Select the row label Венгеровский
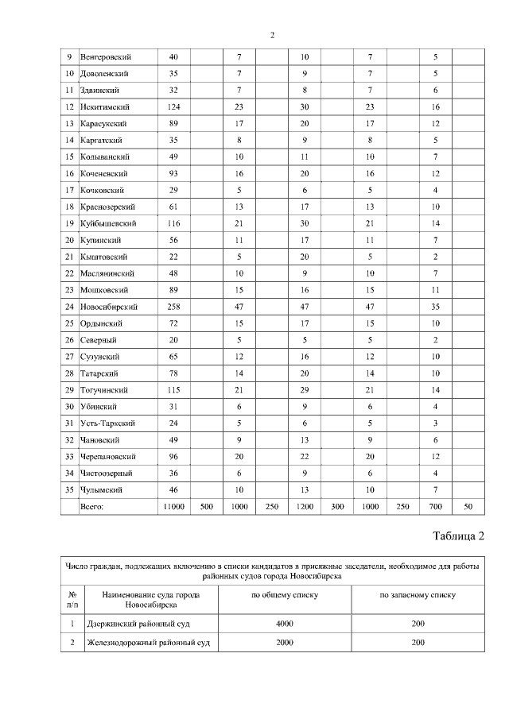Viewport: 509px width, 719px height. tap(106, 57)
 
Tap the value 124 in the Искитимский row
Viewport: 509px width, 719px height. tap(174, 107)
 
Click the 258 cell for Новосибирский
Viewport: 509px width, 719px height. tap(174, 306)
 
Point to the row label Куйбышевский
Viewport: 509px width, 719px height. tap(110, 223)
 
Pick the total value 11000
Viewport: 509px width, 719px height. tap(174, 505)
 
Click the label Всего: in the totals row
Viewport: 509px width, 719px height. tap(93, 505)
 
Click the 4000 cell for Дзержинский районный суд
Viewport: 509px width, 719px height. tap(285, 624)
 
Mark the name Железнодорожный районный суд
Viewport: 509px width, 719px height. tap(146, 641)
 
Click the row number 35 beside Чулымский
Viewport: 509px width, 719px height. tap(69, 489)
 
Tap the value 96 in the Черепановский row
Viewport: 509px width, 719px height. tap(174, 456)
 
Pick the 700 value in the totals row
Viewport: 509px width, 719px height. tap(435, 505)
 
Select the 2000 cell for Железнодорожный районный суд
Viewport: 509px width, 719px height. tap(285, 641)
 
